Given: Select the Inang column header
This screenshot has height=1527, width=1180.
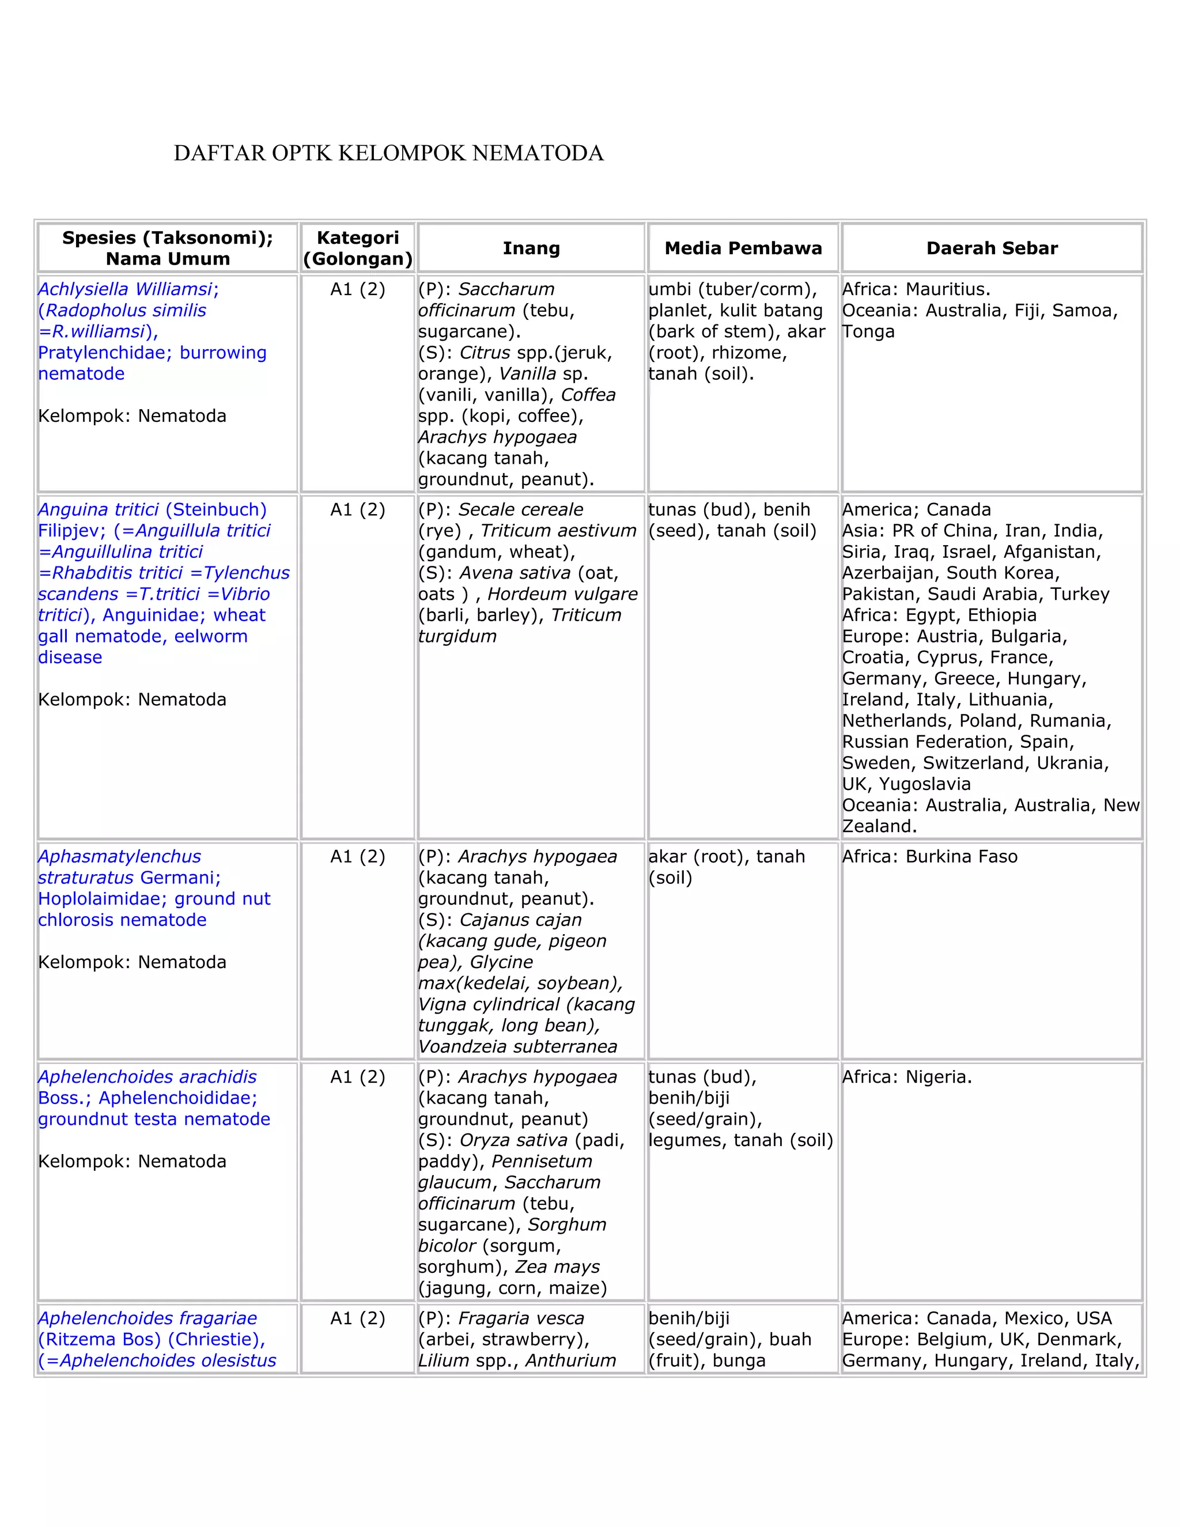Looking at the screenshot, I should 531,248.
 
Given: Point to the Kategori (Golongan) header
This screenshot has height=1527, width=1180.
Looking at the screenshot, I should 357,248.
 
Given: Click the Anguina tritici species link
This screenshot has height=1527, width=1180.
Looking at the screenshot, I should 98,510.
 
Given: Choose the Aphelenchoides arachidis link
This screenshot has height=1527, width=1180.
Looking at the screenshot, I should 147,1077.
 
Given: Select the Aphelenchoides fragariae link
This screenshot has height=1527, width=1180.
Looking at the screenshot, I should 147,1318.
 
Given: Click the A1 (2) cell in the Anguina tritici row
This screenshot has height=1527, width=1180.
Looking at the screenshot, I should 357,510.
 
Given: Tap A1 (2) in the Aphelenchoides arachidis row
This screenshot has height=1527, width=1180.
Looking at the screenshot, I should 357,1077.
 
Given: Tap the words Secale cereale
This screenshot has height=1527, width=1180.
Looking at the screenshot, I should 520,510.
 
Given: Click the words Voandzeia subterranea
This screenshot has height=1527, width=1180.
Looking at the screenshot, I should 517,1046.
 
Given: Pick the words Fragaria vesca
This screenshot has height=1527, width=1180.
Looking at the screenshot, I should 520,1318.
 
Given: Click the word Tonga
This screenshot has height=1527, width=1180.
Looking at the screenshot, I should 868,331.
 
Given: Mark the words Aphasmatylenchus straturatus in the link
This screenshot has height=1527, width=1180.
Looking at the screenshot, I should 119,867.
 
